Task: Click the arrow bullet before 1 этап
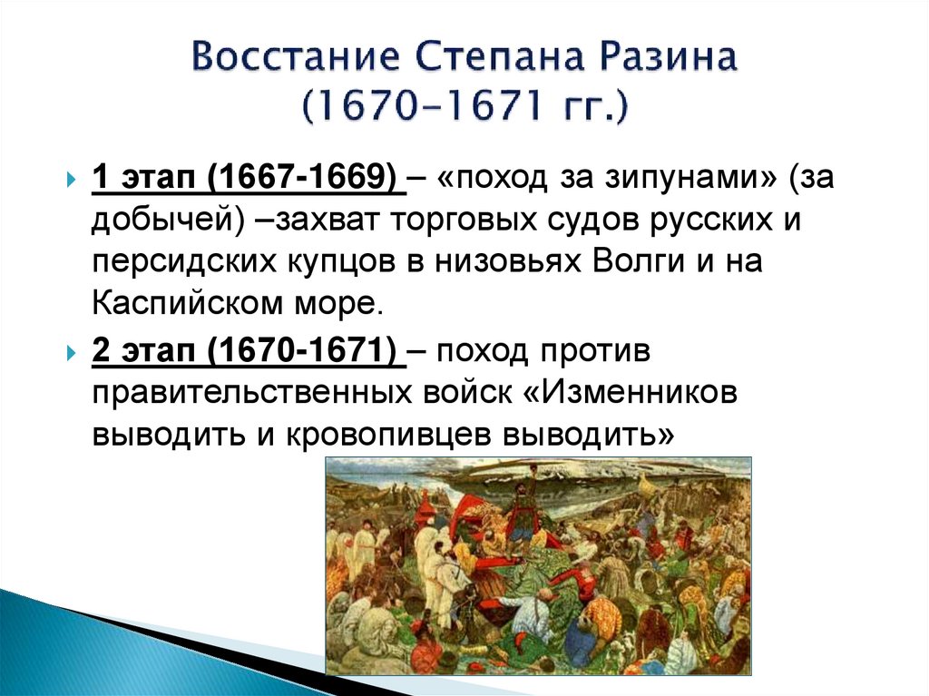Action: coord(72,181)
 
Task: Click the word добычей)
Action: coord(160,222)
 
